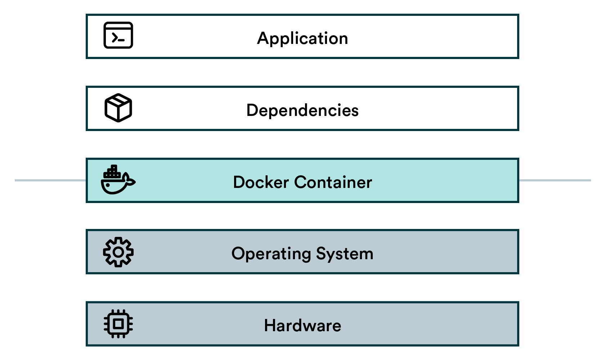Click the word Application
(x=302, y=39)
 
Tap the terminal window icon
(x=118, y=35)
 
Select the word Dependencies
(x=302, y=110)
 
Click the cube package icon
(x=118, y=108)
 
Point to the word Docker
(x=261, y=182)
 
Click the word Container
(x=333, y=182)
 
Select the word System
(x=345, y=254)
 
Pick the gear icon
(x=118, y=252)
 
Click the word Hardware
(x=302, y=325)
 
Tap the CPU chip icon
(x=118, y=324)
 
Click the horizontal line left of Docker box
(x=50, y=180)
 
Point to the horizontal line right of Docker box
(x=555, y=180)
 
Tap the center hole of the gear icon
(x=118, y=252)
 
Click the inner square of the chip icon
(x=118, y=324)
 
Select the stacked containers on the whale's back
(x=112, y=172)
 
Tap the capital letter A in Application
(x=263, y=38)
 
